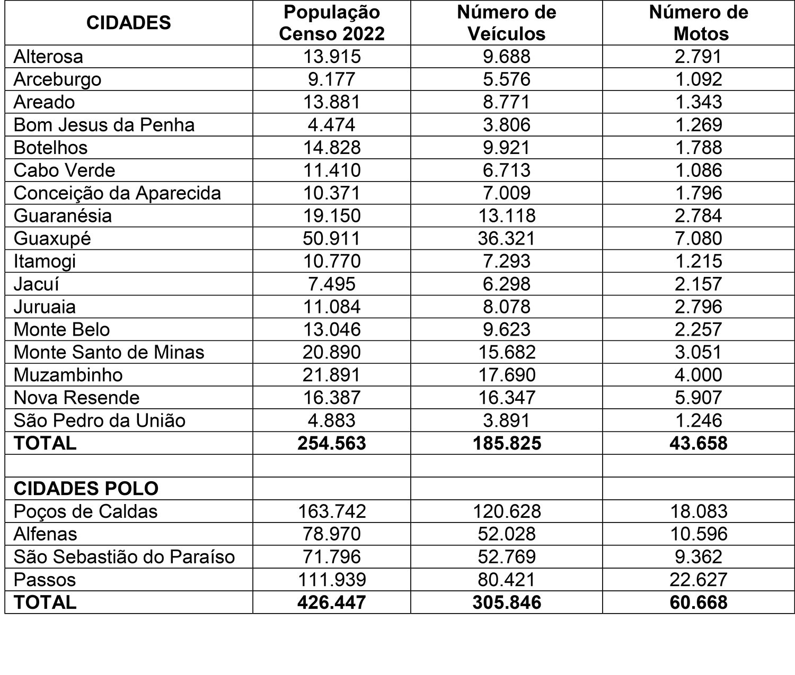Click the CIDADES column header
coord(128,23)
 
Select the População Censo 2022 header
coord(332,23)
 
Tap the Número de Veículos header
coord(507,23)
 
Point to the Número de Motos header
coord(699,23)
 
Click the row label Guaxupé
coord(52,238)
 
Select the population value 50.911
coord(332,238)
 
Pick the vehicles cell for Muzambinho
coord(507,375)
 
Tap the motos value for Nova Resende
coord(699,398)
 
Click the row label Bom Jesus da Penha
coord(104,124)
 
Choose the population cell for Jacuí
coord(332,284)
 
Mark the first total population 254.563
coord(332,443)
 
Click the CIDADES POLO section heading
coord(86,488)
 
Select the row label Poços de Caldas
coord(86,511)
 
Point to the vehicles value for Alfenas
coord(507,534)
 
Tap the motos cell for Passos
coord(699,580)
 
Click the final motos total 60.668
coord(699,602)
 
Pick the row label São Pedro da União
coord(100,420)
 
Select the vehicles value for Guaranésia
coord(507,215)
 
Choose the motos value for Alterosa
coord(699,56)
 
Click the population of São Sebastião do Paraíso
coord(332,557)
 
